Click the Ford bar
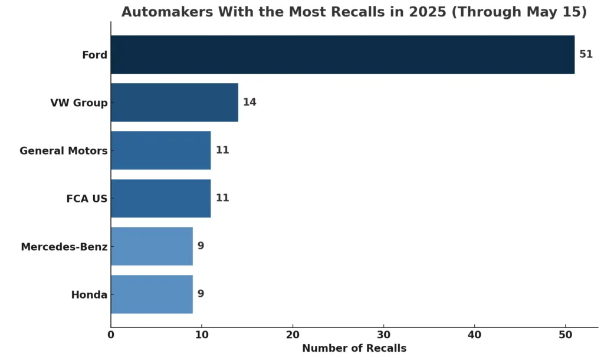tap(342, 54)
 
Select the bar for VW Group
tap(175, 102)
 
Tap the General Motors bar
tap(160, 150)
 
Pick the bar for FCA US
tap(160, 198)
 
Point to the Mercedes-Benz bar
tap(152, 246)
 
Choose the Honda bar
tap(152, 294)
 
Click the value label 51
tap(586, 54)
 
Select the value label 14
tap(250, 102)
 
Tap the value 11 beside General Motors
tap(222, 150)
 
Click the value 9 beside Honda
tap(201, 294)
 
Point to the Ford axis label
tap(94, 55)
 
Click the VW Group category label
tap(79, 103)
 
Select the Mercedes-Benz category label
tap(64, 247)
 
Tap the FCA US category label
tap(87, 199)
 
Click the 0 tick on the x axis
tap(111, 335)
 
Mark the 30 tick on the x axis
tap(384, 335)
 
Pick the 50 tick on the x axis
tap(566, 335)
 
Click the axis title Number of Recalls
tap(354, 348)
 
